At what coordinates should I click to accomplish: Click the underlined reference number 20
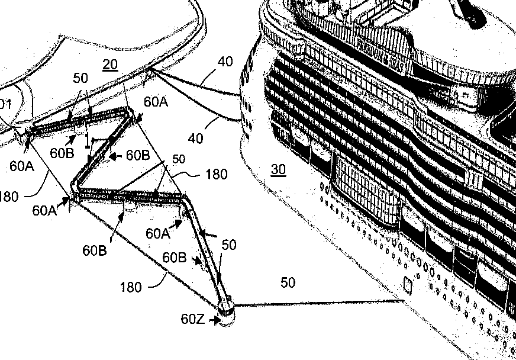[x=110, y=65]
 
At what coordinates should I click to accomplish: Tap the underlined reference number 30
[x=278, y=170]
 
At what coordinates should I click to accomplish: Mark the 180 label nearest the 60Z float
[x=131, y=287]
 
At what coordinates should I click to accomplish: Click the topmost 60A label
[x=156, y=102]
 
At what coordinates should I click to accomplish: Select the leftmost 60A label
[x=22, y=166]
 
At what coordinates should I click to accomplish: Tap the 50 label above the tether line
[x=288, y=283]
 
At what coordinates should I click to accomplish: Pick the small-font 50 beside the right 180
[x=178, y=159]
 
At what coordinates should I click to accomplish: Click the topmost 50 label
[x=82, y=78]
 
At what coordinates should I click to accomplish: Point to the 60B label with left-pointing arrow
[x=137, y=155]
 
